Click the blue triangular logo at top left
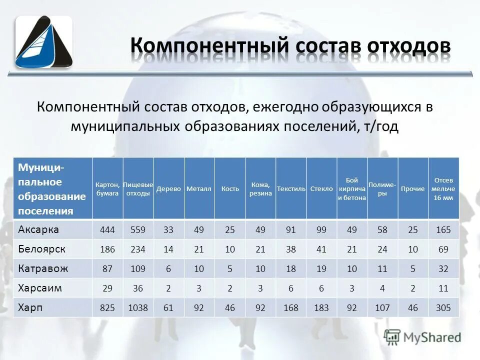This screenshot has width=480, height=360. (x=43, y=42)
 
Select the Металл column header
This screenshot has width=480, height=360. (x=199, y=189)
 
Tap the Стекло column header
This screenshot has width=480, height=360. (x=321, y=189)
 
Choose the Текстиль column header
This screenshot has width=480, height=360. (x=291, y=189)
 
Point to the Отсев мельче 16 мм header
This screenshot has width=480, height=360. (x=443, y=189)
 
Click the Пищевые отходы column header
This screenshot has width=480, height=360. (x=138, y=189)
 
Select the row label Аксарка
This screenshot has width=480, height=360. (x=38, y=230)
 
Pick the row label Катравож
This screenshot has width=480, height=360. (x=43, y=268)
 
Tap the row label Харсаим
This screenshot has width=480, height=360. (x=40, y=288)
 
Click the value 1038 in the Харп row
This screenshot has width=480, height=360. (x=138, y=308)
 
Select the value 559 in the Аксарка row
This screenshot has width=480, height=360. (x=138, y=230)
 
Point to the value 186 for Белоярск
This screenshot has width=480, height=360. (x=107, y=249)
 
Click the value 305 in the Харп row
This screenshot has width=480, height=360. (x=443, y=308)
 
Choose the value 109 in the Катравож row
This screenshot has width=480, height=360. (x=138, y=268)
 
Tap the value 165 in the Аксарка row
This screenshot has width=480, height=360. (x=443, y=230)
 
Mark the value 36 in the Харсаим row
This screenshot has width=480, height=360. (x=138, y=288)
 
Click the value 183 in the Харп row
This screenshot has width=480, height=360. (x=321, y=308)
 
